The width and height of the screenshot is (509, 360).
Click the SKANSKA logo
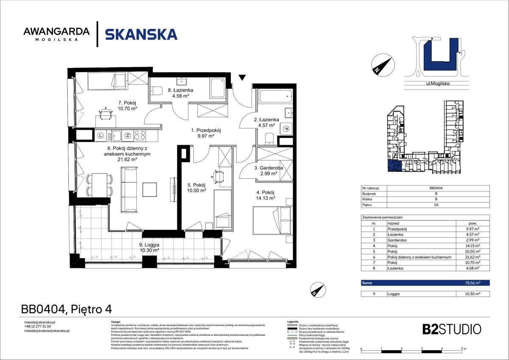click(141, 34)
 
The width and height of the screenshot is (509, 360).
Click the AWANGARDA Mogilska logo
click(56, 34)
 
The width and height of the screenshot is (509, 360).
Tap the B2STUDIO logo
click(452, 329)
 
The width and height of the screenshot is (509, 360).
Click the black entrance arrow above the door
click(242, 78)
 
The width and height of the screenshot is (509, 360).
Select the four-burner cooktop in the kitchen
click(140, 136)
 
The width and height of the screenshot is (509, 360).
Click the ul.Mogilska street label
click(437, 84)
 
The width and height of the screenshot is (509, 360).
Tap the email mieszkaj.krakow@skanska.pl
click(47, 330)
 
